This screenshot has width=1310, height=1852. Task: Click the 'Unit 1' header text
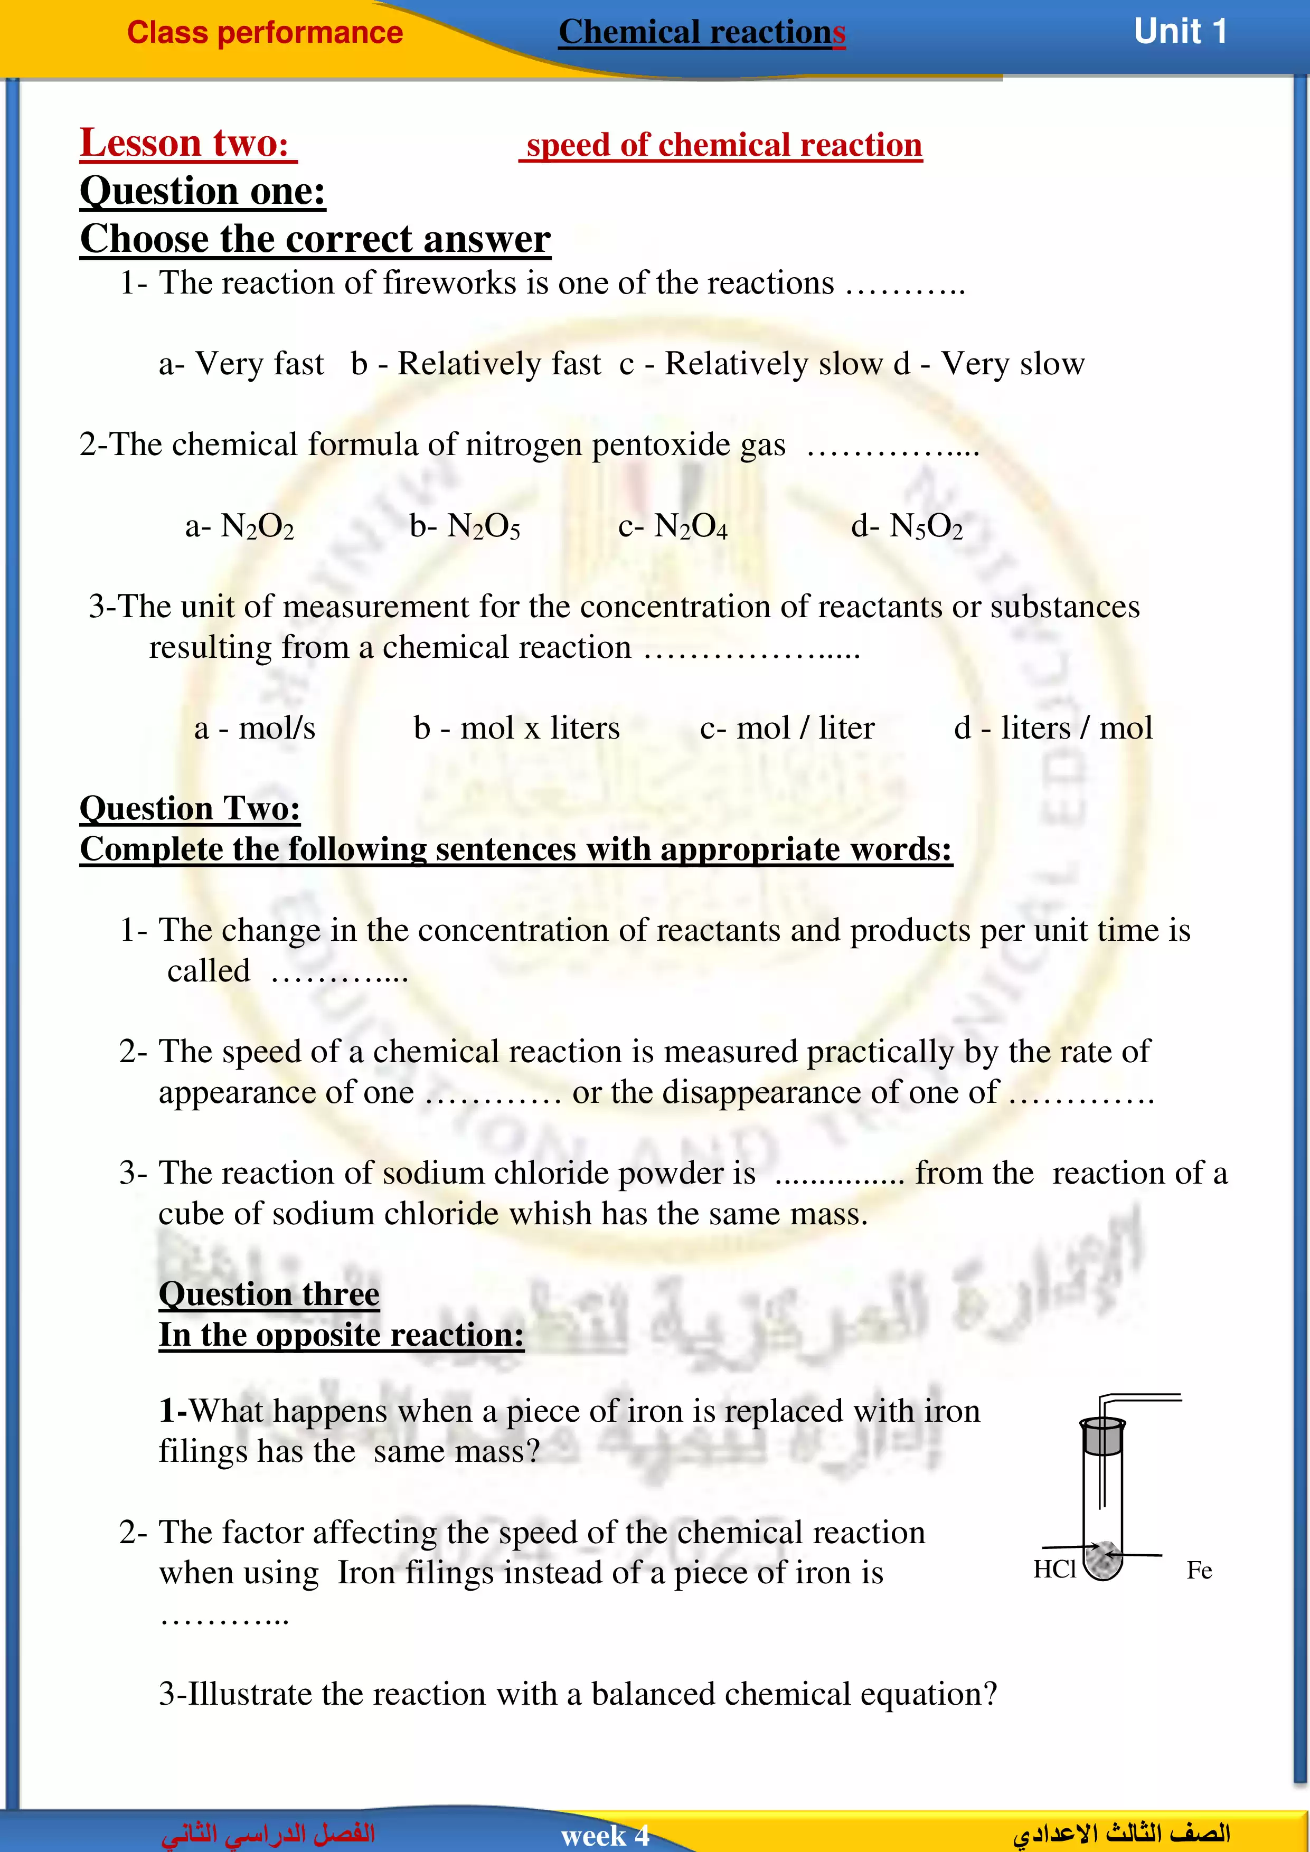[1180, 32]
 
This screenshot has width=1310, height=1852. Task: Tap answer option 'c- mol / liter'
[787, 727]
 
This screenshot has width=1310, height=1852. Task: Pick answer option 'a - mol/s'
[254, 727]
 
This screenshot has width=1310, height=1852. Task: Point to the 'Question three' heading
[269, 1294]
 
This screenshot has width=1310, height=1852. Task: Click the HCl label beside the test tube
[1054, 1569]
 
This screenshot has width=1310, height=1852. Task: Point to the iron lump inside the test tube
[1102, 1557]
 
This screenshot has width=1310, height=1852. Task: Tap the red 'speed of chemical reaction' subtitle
[723, 145]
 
